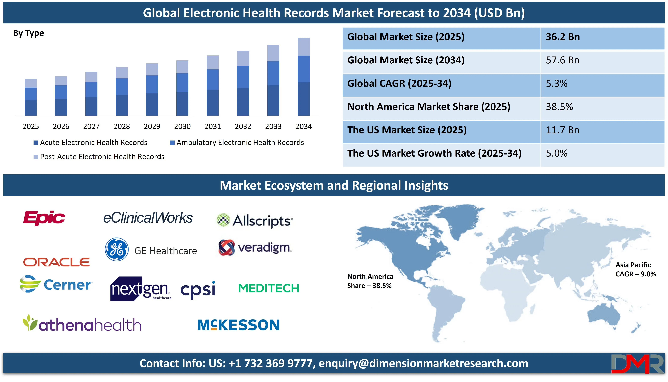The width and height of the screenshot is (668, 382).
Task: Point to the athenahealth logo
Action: (82, 323)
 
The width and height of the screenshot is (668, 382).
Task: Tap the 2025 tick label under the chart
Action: (31, 127)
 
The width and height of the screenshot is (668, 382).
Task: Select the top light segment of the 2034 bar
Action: (303, 47)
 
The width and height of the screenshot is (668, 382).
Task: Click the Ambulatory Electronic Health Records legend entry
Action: (237, 142)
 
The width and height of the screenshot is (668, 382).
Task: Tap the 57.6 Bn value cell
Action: (562, 60)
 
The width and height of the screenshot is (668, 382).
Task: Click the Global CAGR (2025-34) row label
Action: (399, 83)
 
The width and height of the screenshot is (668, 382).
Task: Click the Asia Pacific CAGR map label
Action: (636, 269)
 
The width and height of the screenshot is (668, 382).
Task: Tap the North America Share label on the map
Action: (370, 281)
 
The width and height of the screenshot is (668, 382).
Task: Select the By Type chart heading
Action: (28, 33)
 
